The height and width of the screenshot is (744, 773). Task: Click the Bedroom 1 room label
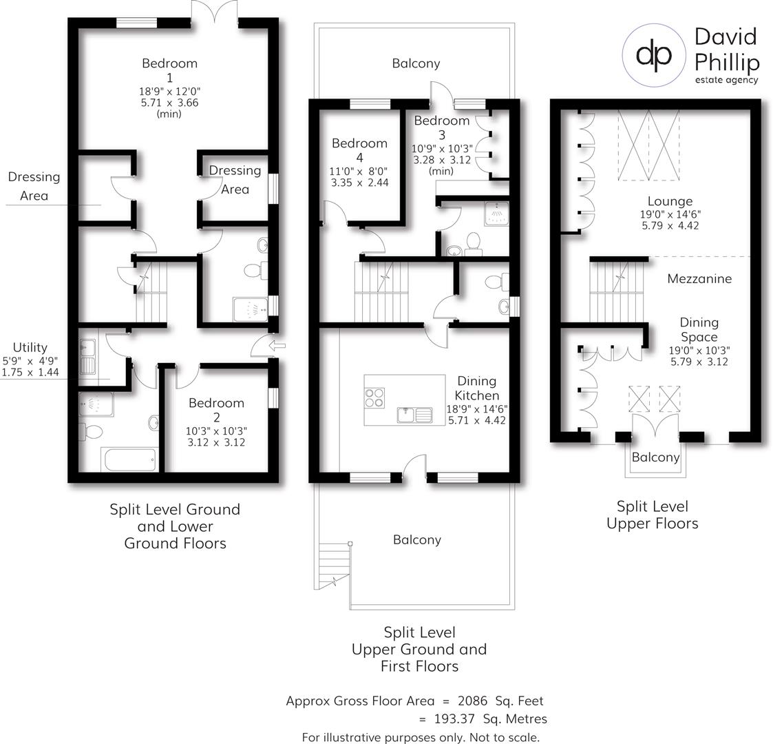169,70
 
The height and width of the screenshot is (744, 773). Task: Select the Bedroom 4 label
359,151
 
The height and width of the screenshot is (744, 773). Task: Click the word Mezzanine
699,279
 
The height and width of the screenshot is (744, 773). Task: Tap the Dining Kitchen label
477,389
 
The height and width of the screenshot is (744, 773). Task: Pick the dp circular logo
654,55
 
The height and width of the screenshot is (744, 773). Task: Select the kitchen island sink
414,415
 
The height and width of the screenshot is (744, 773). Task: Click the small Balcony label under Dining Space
655,457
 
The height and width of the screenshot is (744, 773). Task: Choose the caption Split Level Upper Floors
652,515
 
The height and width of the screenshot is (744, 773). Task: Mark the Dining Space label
699,330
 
